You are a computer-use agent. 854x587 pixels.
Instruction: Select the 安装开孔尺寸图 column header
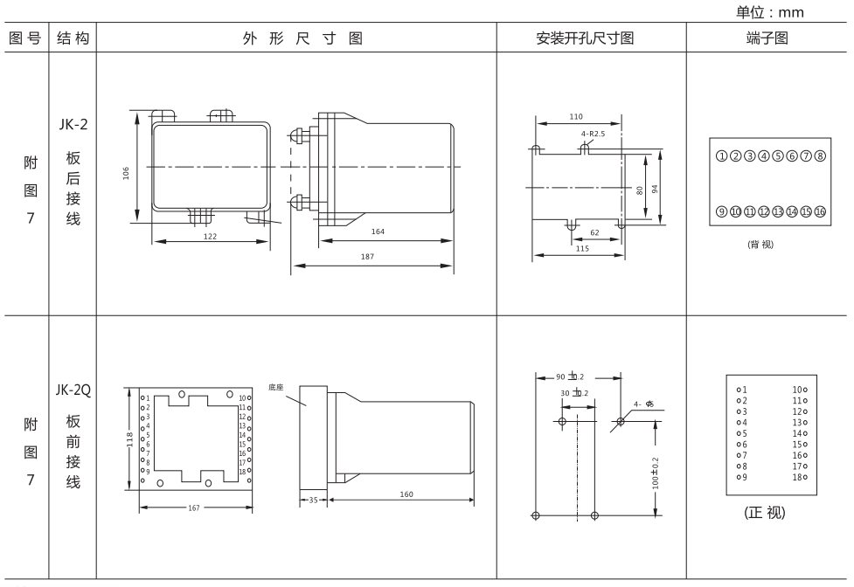[x=591, y=39]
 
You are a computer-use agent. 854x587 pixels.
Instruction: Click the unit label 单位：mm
[x=773, y=12]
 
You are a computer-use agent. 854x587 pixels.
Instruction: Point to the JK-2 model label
[x=73, y=124]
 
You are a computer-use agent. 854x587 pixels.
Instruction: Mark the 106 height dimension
[x=127, y=172]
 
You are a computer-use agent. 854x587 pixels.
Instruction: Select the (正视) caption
[x=763, y=513]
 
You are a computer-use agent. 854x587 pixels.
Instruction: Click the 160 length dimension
[x=406, y=494]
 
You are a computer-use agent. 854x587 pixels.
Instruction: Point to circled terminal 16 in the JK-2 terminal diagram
[x=820, y=211]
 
